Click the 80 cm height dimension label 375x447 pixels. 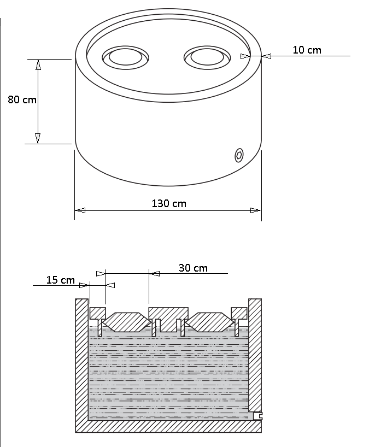pos(22,99)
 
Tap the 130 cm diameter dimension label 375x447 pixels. pos(169,203)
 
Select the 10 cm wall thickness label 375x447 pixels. pos(307,50)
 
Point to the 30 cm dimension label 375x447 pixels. pos(193,268)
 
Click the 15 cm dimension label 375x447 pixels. pos(61,280)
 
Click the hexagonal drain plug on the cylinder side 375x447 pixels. pos(239,155)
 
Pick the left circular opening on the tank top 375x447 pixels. pos(125,57)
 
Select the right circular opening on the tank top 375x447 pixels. pos(207,57)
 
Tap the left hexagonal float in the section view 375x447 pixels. pos(127,322)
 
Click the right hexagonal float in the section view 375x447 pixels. pos(210,322)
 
